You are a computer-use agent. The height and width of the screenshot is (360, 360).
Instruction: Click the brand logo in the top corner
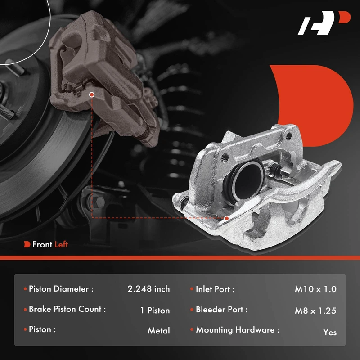(x=324, y=23)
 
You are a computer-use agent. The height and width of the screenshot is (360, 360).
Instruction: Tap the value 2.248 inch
(x=148, y=289)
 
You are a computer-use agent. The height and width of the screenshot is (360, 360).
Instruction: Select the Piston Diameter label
(x=61, y=289)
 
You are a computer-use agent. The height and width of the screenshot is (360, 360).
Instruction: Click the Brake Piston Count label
(x=67, y=309)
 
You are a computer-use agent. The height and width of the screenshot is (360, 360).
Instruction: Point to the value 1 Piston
(x=155, y=310)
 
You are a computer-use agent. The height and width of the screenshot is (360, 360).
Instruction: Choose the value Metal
(x=159, y=331)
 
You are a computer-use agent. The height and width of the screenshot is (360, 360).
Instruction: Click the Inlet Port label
(x=215, y=289)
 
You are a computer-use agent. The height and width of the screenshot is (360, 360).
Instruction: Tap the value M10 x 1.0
(x=316, y=289)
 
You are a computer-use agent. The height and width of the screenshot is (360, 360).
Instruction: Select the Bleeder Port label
(x=221, y=310)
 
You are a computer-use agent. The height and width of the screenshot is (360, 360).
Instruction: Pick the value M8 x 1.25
(x=316, y=310)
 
